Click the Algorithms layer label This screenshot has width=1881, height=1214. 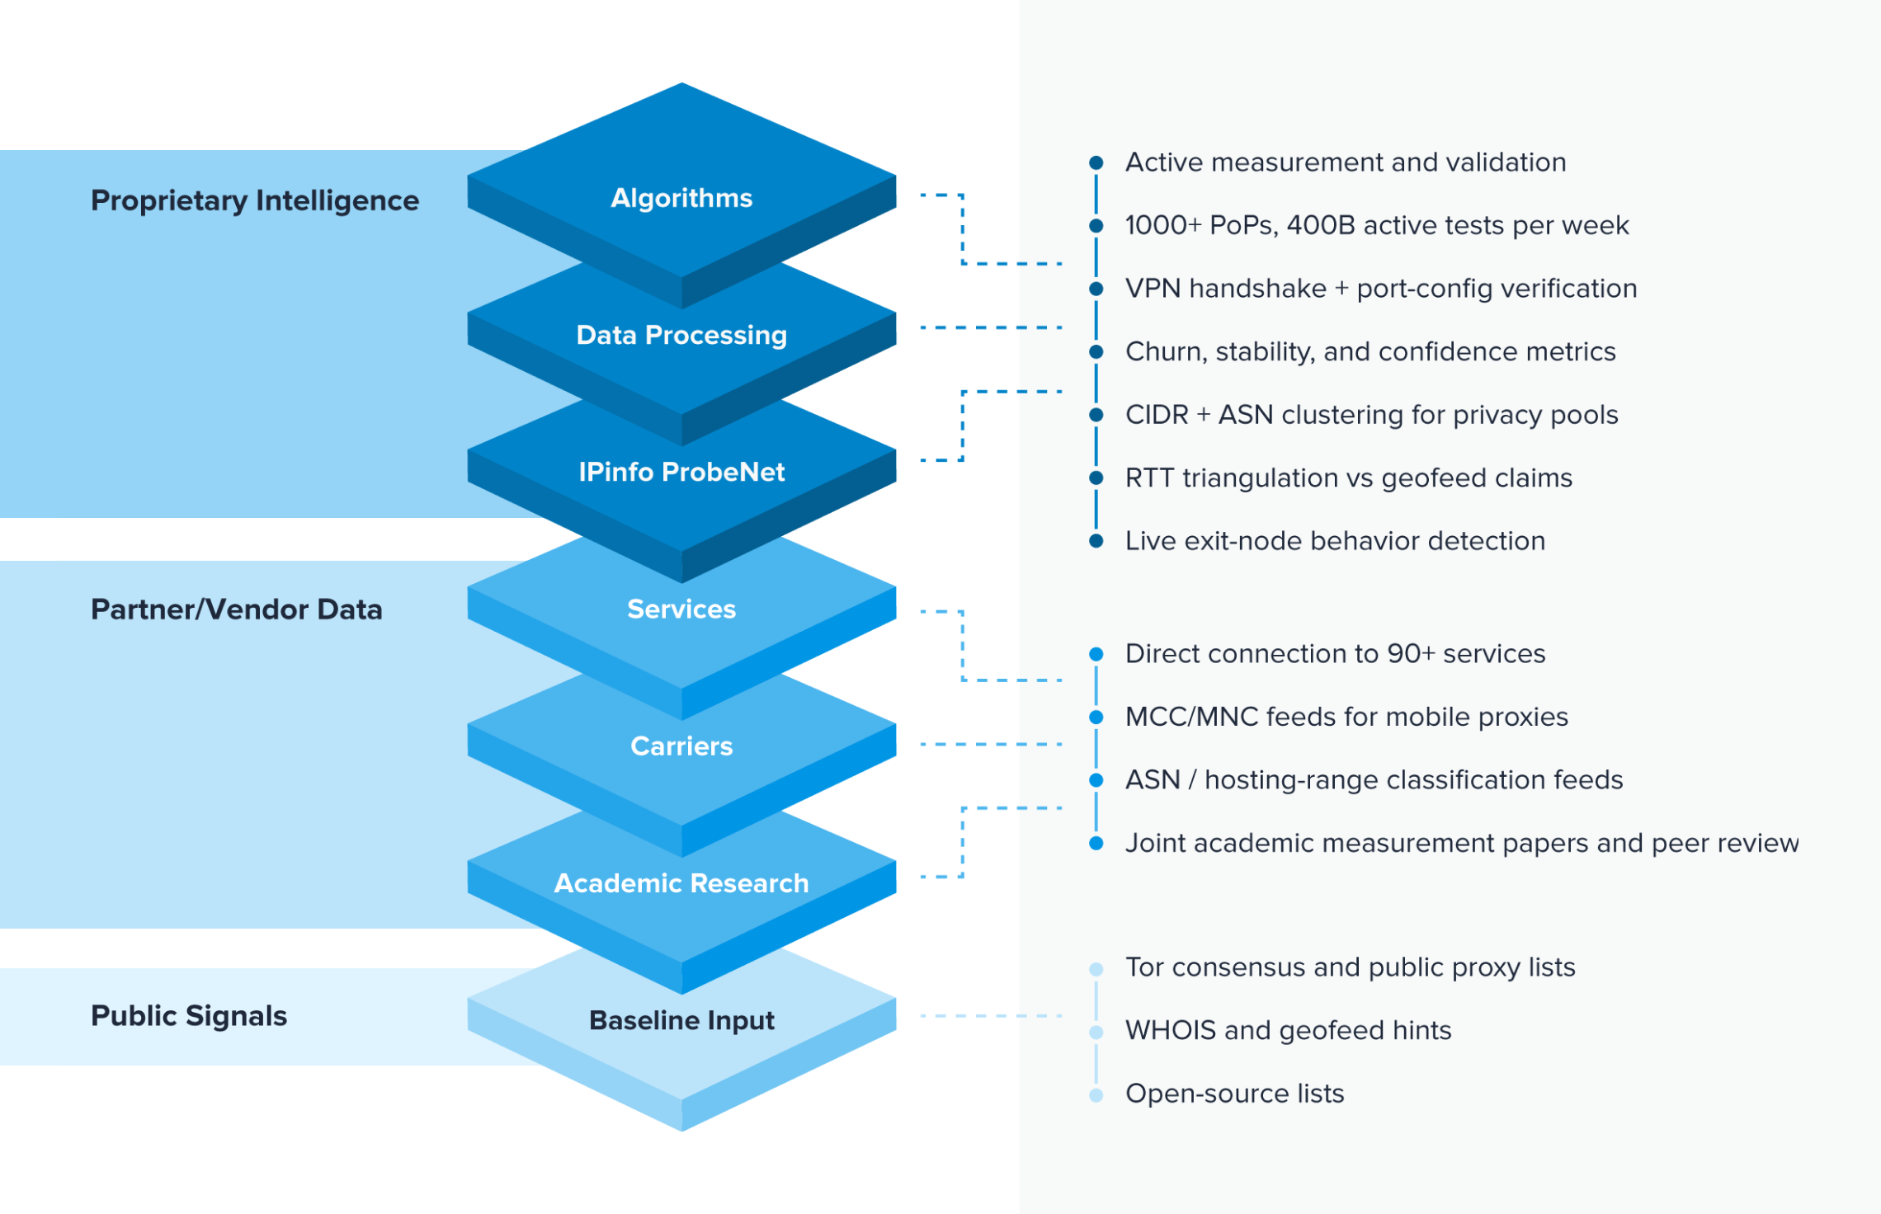pos(681,198)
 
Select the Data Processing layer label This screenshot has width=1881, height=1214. pos(681,335)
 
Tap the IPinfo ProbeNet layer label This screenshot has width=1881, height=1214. pos(681,472)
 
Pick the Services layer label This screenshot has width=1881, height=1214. pos(681,609)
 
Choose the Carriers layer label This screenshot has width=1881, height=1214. pos(681,746)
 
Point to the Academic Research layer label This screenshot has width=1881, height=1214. pos(681,882)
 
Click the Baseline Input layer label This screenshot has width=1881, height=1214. pos(681,1020)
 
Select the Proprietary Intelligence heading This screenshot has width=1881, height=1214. pos(255,200)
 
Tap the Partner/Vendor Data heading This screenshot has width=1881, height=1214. pos(237,609)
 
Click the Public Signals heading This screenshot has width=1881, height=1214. pos(189,1016)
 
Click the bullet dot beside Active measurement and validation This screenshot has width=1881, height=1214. pos(1096,162)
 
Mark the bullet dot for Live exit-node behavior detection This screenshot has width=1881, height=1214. pos(1096,541)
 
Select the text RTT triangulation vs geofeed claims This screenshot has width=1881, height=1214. pos(1349,478)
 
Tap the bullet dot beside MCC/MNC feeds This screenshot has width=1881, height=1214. pos(1096,718)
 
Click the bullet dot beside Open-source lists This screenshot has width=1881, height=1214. pos(1096,1095)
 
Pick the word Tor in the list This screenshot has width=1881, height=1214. pos(1145,967)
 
